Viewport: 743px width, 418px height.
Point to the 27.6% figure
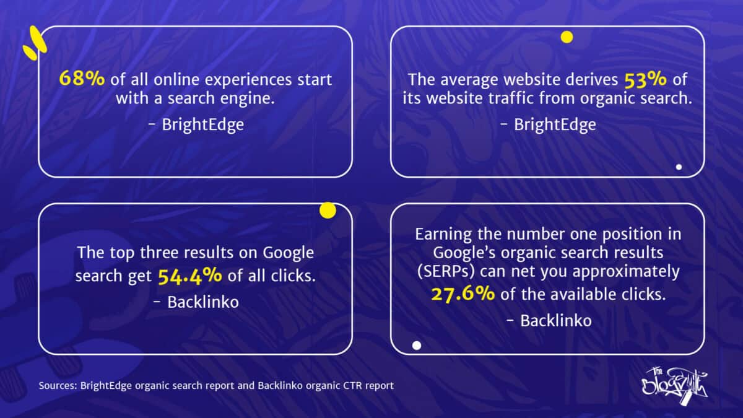tap(463, 294)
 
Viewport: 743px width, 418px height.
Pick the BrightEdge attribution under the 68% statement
tap(196, 124)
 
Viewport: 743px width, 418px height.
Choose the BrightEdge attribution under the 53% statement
tap(549, 124)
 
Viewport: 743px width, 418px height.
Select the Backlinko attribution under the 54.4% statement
tap(196, 302)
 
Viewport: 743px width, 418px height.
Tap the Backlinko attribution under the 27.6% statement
tap(549, 320)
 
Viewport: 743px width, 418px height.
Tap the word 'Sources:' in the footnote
tap(56, 386)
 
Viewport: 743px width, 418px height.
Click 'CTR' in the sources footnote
tap(349, 386)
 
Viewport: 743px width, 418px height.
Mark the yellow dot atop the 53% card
tap(567, 37)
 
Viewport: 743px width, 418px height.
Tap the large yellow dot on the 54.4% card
tap(328, 211)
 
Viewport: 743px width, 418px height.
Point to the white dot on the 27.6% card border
tap(417, 346)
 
